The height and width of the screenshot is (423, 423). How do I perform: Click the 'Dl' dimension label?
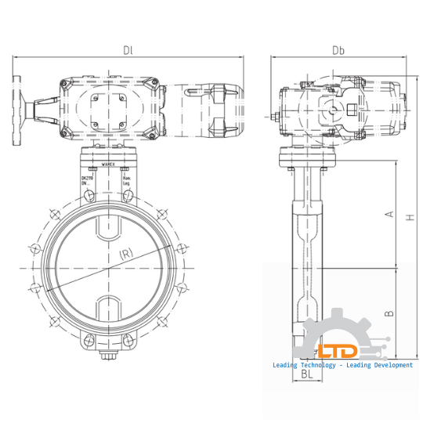(x=128, y=51)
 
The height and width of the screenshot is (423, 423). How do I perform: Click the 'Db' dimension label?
(x=338, y=51)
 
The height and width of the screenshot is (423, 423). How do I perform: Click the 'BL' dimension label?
(x=309, y=375)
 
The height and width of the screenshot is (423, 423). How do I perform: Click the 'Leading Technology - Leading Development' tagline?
(x=342, y=365)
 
